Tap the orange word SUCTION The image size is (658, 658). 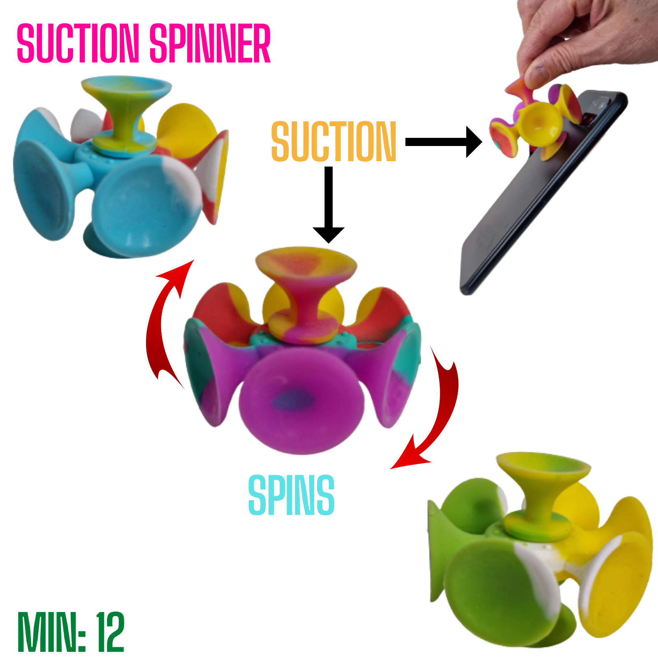(x=333, y=141)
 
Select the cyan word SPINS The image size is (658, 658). (x=291, y=496)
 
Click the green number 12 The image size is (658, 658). (x=110, y=632)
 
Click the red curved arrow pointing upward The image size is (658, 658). (x=164, y=321)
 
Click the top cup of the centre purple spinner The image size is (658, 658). (x=306, y=263)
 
